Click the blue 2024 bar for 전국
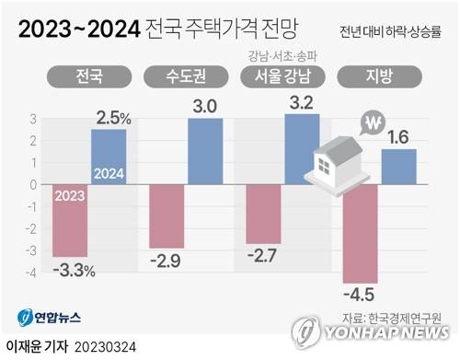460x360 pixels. click(109, 157)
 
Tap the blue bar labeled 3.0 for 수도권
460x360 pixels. click(204, 151)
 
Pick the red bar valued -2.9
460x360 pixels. click(167, 215)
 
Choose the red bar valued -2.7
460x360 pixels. click(263, 214)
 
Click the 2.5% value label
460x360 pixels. click(112, 119)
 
